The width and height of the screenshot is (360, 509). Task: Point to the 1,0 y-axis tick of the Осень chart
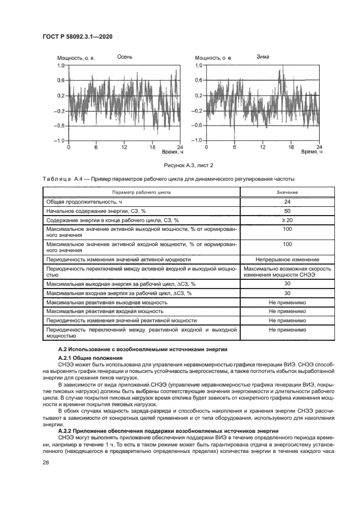click(60, 65)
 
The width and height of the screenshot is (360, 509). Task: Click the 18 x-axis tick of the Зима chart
click(291, 147)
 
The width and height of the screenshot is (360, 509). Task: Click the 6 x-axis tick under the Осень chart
click(96, 147)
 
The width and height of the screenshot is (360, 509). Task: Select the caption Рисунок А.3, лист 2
click(181, 165)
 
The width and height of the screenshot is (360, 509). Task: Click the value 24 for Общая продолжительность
click(287, 201)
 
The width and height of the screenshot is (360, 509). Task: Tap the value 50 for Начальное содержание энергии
click(287, 210)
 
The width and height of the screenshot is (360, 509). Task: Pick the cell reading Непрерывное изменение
click(287, 259)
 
